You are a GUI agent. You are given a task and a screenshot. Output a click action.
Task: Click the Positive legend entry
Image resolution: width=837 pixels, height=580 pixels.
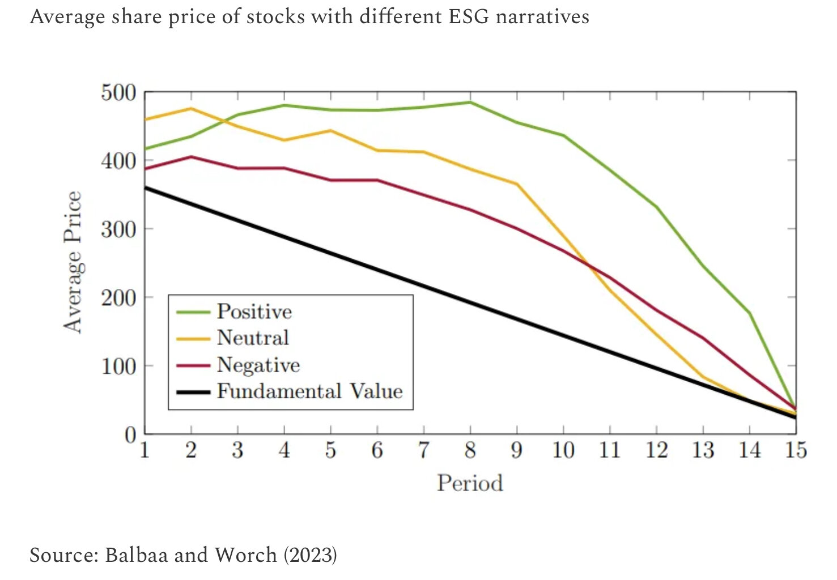pos(254,312)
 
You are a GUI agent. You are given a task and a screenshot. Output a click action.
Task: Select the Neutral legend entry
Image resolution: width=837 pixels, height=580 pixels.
pos(253,338)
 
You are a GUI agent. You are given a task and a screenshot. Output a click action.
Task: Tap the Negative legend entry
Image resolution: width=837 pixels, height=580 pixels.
pos(258,365)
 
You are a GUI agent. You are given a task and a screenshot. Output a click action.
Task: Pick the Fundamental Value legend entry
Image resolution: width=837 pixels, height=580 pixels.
pos(309,391)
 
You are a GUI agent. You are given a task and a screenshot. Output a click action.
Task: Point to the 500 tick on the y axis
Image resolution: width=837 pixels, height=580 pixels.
pos(118,92)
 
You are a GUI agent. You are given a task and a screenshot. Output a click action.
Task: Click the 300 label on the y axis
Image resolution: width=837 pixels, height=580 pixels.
pos(118,229)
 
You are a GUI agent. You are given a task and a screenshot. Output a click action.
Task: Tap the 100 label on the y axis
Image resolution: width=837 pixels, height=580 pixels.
pos(118,366)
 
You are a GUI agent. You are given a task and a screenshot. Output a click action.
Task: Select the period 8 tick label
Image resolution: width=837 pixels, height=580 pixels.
pos(470,450)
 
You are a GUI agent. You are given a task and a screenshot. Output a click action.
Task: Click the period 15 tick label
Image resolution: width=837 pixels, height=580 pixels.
pos(795,450)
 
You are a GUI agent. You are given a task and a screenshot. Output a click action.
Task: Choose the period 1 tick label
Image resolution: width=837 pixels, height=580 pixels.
pos(145,450)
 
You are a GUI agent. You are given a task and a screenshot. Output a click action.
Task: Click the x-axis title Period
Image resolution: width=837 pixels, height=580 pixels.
pos(470,483)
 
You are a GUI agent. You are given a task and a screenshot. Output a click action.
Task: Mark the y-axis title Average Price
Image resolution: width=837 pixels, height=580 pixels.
pos(73,262)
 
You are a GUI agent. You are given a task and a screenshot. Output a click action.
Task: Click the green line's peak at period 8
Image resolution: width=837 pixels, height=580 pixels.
pos(470,103)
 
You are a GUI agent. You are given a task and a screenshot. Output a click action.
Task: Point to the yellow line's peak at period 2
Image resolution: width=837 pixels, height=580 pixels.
pos(191,108)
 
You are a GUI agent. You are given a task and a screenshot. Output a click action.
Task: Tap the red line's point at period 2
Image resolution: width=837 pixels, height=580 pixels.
pos(191,157)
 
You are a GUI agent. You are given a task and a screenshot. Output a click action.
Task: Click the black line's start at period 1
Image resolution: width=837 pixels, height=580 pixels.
pos(145,187)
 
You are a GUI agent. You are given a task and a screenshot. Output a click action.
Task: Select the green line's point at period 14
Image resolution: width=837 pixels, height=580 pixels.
pos(749,313)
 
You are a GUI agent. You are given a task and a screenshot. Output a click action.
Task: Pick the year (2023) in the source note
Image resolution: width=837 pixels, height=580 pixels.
pos(310,555)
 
